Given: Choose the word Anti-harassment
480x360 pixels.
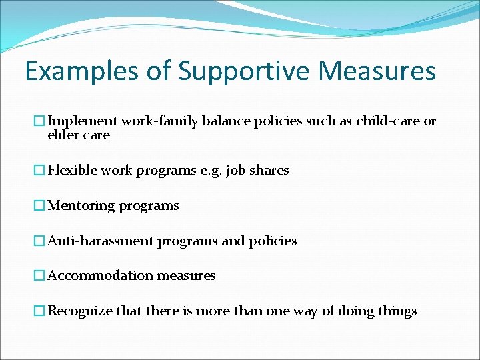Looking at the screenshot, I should (x=101, y=241).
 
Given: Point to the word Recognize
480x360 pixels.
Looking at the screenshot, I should (x=81, y=311).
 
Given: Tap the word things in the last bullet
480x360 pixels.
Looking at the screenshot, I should (x=397, y=311).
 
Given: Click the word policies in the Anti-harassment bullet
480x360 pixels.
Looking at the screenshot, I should (x=273, y=241).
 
